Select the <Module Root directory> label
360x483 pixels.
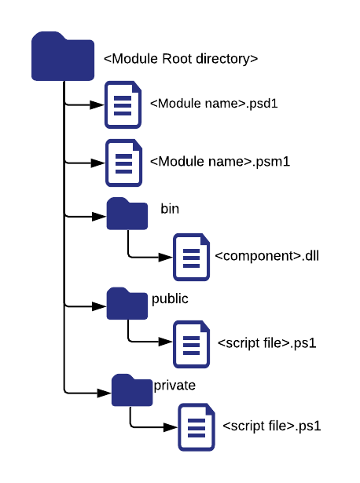pyautogui.click(x=181, y=59)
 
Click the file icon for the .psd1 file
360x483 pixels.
pyautogui.click(x=123, y=104)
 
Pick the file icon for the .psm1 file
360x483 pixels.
pyautogui.click(x=123, y=163)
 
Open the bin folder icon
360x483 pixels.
pyautogui.click(x=127, y=214)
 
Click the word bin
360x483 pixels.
pyautogui.click(x=170, y=208)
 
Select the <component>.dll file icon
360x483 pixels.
pyautogui.click(x=191, y=256)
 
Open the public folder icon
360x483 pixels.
pyautogui.click(x=127, y=303)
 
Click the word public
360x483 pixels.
pyautogui.click(x=170, y=298)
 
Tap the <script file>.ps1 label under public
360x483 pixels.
pyautogui.click(x=268, y=343)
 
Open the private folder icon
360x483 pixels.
pyautogui.click(x=132, y=390)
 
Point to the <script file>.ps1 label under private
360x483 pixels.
pyautogui.click(x=272, y=426)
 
